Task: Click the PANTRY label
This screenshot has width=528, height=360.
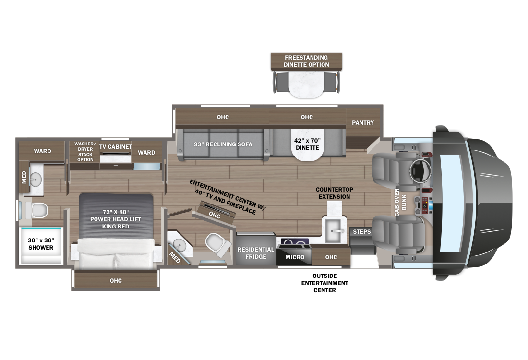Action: coord(362,123)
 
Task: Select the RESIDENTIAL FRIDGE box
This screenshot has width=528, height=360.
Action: coord(256,253)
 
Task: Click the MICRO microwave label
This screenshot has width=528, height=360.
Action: coord(294,257)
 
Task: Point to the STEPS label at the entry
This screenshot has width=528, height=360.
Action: coord(361,232)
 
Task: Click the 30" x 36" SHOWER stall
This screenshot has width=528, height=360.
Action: coord(40,244)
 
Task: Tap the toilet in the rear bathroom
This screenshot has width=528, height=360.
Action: coord(38,209)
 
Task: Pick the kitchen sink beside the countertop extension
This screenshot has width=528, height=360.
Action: coord(334,229)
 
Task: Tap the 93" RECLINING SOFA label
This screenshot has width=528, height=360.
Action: coord(223,144)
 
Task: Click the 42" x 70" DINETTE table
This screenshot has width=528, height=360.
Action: coord(307,144)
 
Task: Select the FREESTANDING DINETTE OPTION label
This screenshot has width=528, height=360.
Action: coord(306,61)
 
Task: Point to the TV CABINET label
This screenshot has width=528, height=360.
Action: coord(116,147)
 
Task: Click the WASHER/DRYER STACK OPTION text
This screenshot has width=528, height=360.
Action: coord(85,152)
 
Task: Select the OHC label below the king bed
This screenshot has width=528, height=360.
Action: coord(115,281)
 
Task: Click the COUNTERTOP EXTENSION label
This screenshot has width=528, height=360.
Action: coord(333,193)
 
